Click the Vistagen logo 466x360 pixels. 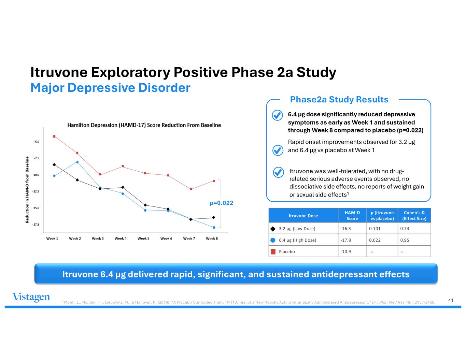click(x=31, y=297)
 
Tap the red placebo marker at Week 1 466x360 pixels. click(x=54, y=136)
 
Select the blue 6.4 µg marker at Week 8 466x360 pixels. click(x=214, y=227)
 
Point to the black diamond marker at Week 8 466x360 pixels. click(x=214, y=217)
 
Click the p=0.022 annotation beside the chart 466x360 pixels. click(x=221, y=203)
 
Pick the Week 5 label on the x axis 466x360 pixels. click(x=143, y=239)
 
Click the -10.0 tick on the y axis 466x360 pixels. click(x=36, y=175)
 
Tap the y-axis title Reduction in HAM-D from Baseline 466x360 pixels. click(x=27, y=190)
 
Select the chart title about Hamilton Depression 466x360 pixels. click(x=144, y=125)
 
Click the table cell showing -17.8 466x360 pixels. click(x=346, y=240)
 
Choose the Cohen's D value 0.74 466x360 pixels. click(x=405, y=229)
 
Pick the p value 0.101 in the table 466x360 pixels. click(x=375, y=229)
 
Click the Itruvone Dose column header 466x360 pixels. click(x=303, y=216)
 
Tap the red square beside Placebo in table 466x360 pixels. click(x=273, y=252)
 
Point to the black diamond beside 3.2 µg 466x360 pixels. click(x=273, y=229)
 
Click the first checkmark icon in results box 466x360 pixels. click(x=277, y=115)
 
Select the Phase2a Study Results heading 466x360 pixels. click(x=339, y=100)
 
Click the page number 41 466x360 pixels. click(x=450, y=300)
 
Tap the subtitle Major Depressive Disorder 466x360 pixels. click(x=110, y=88)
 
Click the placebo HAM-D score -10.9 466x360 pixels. click(x=346, y=251)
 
